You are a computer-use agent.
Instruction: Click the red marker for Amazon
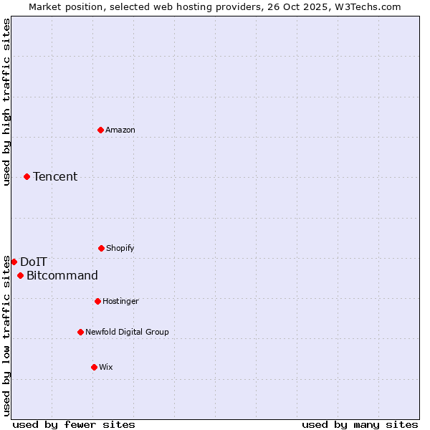pyautogui.click(x=100, y=130)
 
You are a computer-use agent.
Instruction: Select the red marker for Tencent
pyautogui.click(x=27, y=176)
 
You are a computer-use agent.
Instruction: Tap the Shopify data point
pyautogui.click(x=101, y=248)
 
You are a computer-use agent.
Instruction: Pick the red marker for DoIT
pyautogui.click(x=14, y=262)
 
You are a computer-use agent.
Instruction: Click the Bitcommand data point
pyautogui.click(x=20, y=276)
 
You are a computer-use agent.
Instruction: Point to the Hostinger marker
pyautogui.click(x=97, y=301)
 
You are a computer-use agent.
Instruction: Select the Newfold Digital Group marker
pyautogui.click(x=80, y=332)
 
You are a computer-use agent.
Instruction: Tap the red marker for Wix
pyautogui.click(x=94, y=367)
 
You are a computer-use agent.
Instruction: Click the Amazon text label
pyautogui.click(x=120, y=130)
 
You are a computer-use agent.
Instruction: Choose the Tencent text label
pyautogui.click(x=55, y=176)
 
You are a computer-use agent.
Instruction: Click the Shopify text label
pyautogui.click(x=120, y=248)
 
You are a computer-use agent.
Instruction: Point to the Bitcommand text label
pyautogui.click(x=62, y=276)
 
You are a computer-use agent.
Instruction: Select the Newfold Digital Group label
pyautogui.click(x=128, y=332)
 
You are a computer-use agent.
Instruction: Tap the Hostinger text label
pyautogui.click(x=121, y=301)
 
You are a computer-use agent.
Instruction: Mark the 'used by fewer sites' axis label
pyautogui.click(x=74, y=424)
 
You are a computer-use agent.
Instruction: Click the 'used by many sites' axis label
pyautogui.click(x=360, y=424)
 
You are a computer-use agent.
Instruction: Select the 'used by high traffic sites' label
pyautogui.click(x=6, y=102)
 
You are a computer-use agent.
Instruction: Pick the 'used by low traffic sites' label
pyautogui.click(x=6, y=335)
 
